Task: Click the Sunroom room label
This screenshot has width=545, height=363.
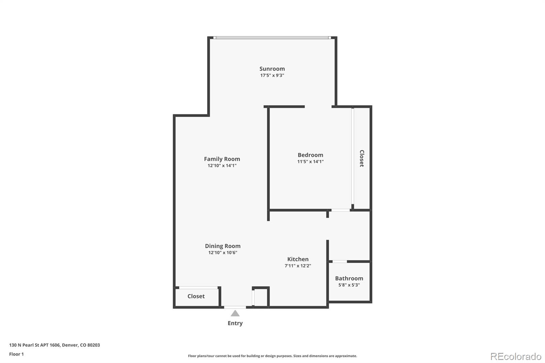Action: tap(272, 69)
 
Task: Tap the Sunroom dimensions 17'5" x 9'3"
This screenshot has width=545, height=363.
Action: tap(272, 76)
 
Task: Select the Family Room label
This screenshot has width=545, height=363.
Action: tap(222, 159)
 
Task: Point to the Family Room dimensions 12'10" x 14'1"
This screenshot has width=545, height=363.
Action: tap(222, 166)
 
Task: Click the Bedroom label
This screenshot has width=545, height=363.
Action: tap(310, 155)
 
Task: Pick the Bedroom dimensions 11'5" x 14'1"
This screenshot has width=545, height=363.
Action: tap(310, 162)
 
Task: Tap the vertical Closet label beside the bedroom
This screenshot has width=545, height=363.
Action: tap(362, 158)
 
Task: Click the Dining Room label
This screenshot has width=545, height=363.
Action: tap(222, 246)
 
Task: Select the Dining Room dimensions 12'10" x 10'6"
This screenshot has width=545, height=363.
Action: tap(222, 253)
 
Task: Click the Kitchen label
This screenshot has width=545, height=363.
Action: tap(298, 259)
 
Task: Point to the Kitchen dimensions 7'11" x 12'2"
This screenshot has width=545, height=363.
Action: tap(298, 266)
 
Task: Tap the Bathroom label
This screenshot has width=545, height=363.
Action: tap(349, 278)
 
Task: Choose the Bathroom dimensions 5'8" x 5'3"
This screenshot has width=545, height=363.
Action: tap(349, 285)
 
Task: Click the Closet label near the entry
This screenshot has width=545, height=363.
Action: tap(196, 296)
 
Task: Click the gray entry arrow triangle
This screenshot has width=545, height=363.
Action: tap(235, 314)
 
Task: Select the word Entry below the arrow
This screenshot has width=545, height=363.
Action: tap(235, 323)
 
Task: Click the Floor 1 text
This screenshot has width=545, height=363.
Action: tap(16, 354)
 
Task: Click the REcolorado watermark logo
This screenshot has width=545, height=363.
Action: tap(515, 357)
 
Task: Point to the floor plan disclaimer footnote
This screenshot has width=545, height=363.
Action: tap(272, 356)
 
